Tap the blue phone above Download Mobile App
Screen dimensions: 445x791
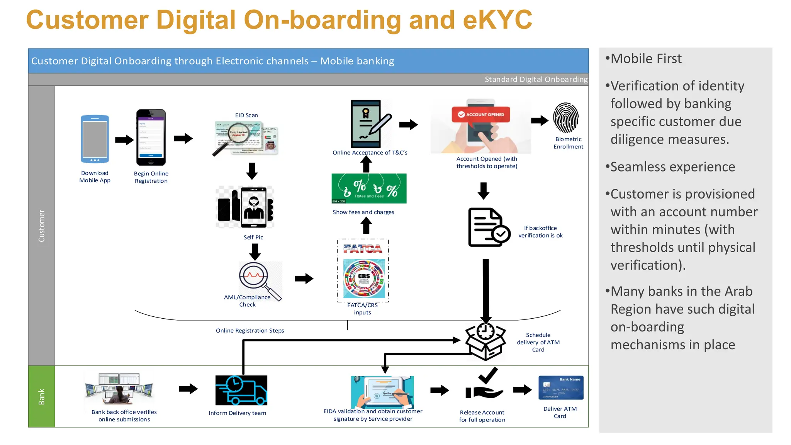[95, 139]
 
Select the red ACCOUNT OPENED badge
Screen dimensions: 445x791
[480, 114]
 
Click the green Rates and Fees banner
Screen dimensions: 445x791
[369, 188]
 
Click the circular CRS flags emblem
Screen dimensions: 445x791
[364, 278]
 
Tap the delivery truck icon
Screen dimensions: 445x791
[241, 390]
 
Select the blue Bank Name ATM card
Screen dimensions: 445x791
[561, 387]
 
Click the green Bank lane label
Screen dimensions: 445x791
[41, 396]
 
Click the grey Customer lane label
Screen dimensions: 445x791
[41, 226]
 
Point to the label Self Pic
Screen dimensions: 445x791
[253, 237]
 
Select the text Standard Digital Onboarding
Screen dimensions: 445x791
[536, 79]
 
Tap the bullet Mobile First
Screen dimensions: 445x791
[645, 59]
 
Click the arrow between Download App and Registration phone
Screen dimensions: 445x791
[124, 139]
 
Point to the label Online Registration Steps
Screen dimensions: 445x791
[250, 331]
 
